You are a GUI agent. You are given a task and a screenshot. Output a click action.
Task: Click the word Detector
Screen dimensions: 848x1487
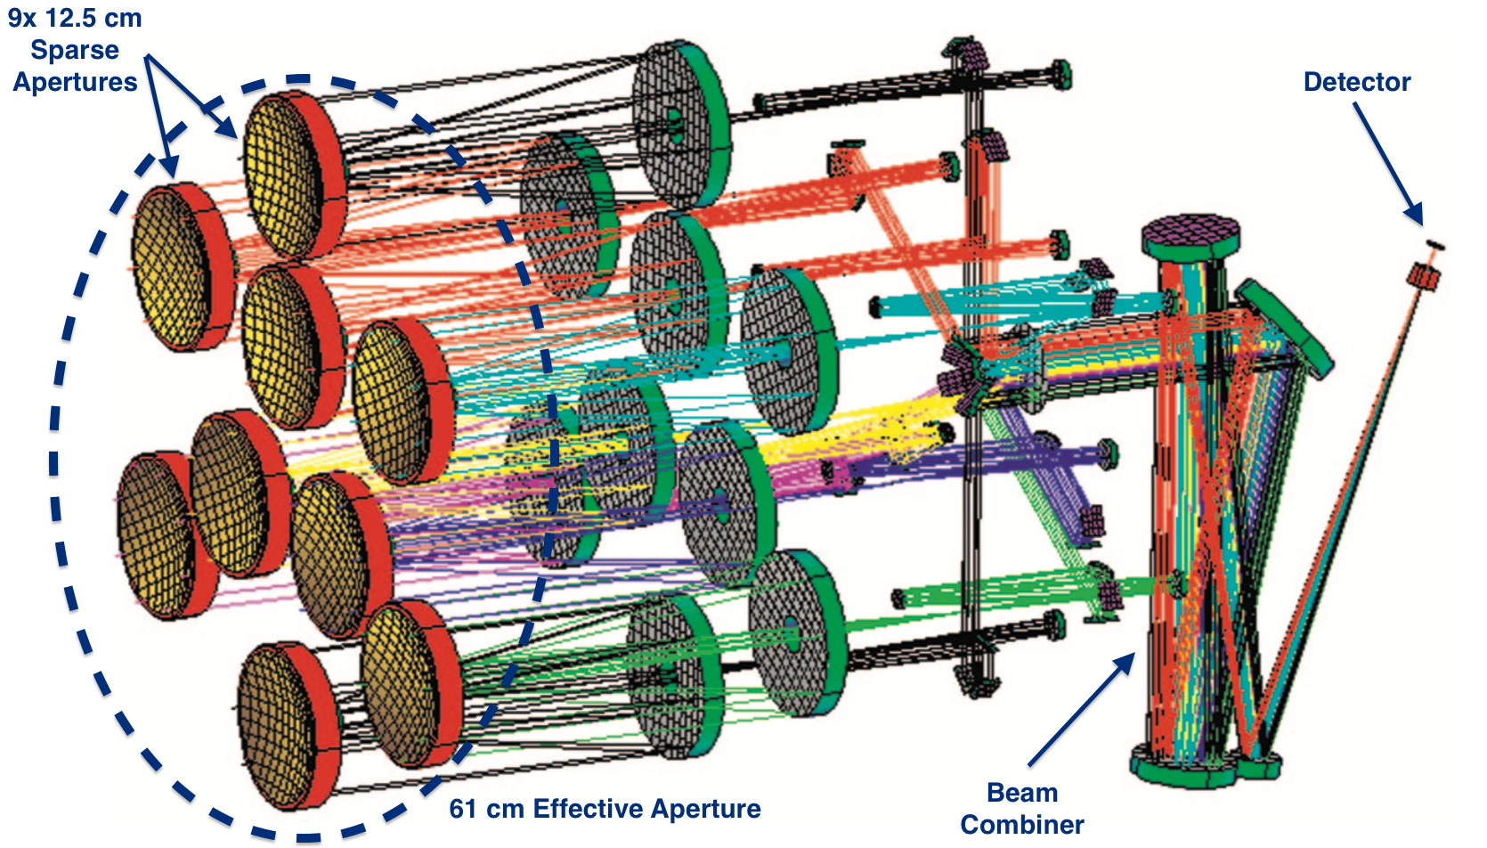click(1356, 82)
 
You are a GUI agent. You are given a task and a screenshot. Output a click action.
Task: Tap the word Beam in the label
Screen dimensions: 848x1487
click(1021, 792)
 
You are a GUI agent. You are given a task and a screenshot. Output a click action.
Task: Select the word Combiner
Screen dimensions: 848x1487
click(1021, 824)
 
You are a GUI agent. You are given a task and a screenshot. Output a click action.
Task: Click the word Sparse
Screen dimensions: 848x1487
click(75, 50)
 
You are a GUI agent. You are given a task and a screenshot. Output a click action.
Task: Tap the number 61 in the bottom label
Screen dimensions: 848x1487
click(463, 809)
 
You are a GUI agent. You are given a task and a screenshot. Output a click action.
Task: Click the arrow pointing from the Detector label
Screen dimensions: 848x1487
click(1386, 160)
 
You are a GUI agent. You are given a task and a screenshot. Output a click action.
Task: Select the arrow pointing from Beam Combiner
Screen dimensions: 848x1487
click(1082, 708)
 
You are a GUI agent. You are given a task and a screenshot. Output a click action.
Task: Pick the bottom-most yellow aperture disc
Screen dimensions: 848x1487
click(283, 726)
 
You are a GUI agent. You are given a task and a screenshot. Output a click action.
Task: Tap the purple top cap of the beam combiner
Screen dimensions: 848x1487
click(1190, 233)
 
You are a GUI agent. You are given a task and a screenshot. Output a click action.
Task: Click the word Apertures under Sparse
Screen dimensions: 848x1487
click(75, 82)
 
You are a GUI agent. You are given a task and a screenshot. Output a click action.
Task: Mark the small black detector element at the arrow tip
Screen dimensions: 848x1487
click(1434, 245)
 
